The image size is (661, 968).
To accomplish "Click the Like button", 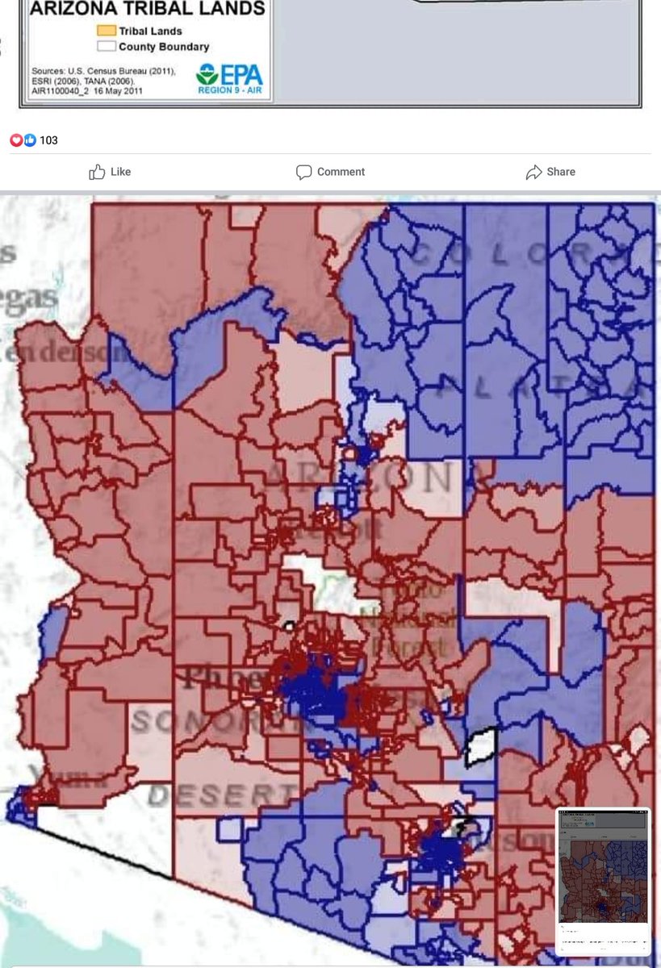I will tap(110, 172).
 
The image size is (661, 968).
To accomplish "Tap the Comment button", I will tap(330, 172).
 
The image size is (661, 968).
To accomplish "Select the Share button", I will tap(550, 172).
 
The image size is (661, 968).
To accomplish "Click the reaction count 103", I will tap(48, 140).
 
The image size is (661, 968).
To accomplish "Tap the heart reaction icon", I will tap(15, 140).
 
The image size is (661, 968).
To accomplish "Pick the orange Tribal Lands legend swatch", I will tap(106, 31).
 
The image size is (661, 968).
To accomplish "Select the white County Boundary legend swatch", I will tap(106, 47).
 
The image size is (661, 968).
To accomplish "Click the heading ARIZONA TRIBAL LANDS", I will tap(148, 10).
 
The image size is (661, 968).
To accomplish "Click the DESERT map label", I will tap(207, 796).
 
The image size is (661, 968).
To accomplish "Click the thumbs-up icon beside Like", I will tap(97, 172).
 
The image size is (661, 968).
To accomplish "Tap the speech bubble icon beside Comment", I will tap(303, 172).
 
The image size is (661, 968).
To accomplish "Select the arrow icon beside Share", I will tap(533, 172).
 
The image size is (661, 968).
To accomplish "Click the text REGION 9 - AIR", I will tap(230, 90).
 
